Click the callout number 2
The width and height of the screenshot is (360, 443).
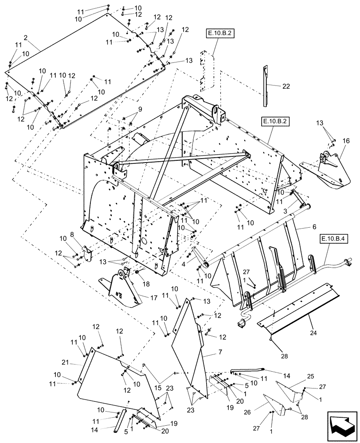tap(26, 38)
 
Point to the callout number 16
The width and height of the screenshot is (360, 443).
tap(346, 140)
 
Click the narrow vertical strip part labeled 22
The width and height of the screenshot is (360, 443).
tap(265, 86)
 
